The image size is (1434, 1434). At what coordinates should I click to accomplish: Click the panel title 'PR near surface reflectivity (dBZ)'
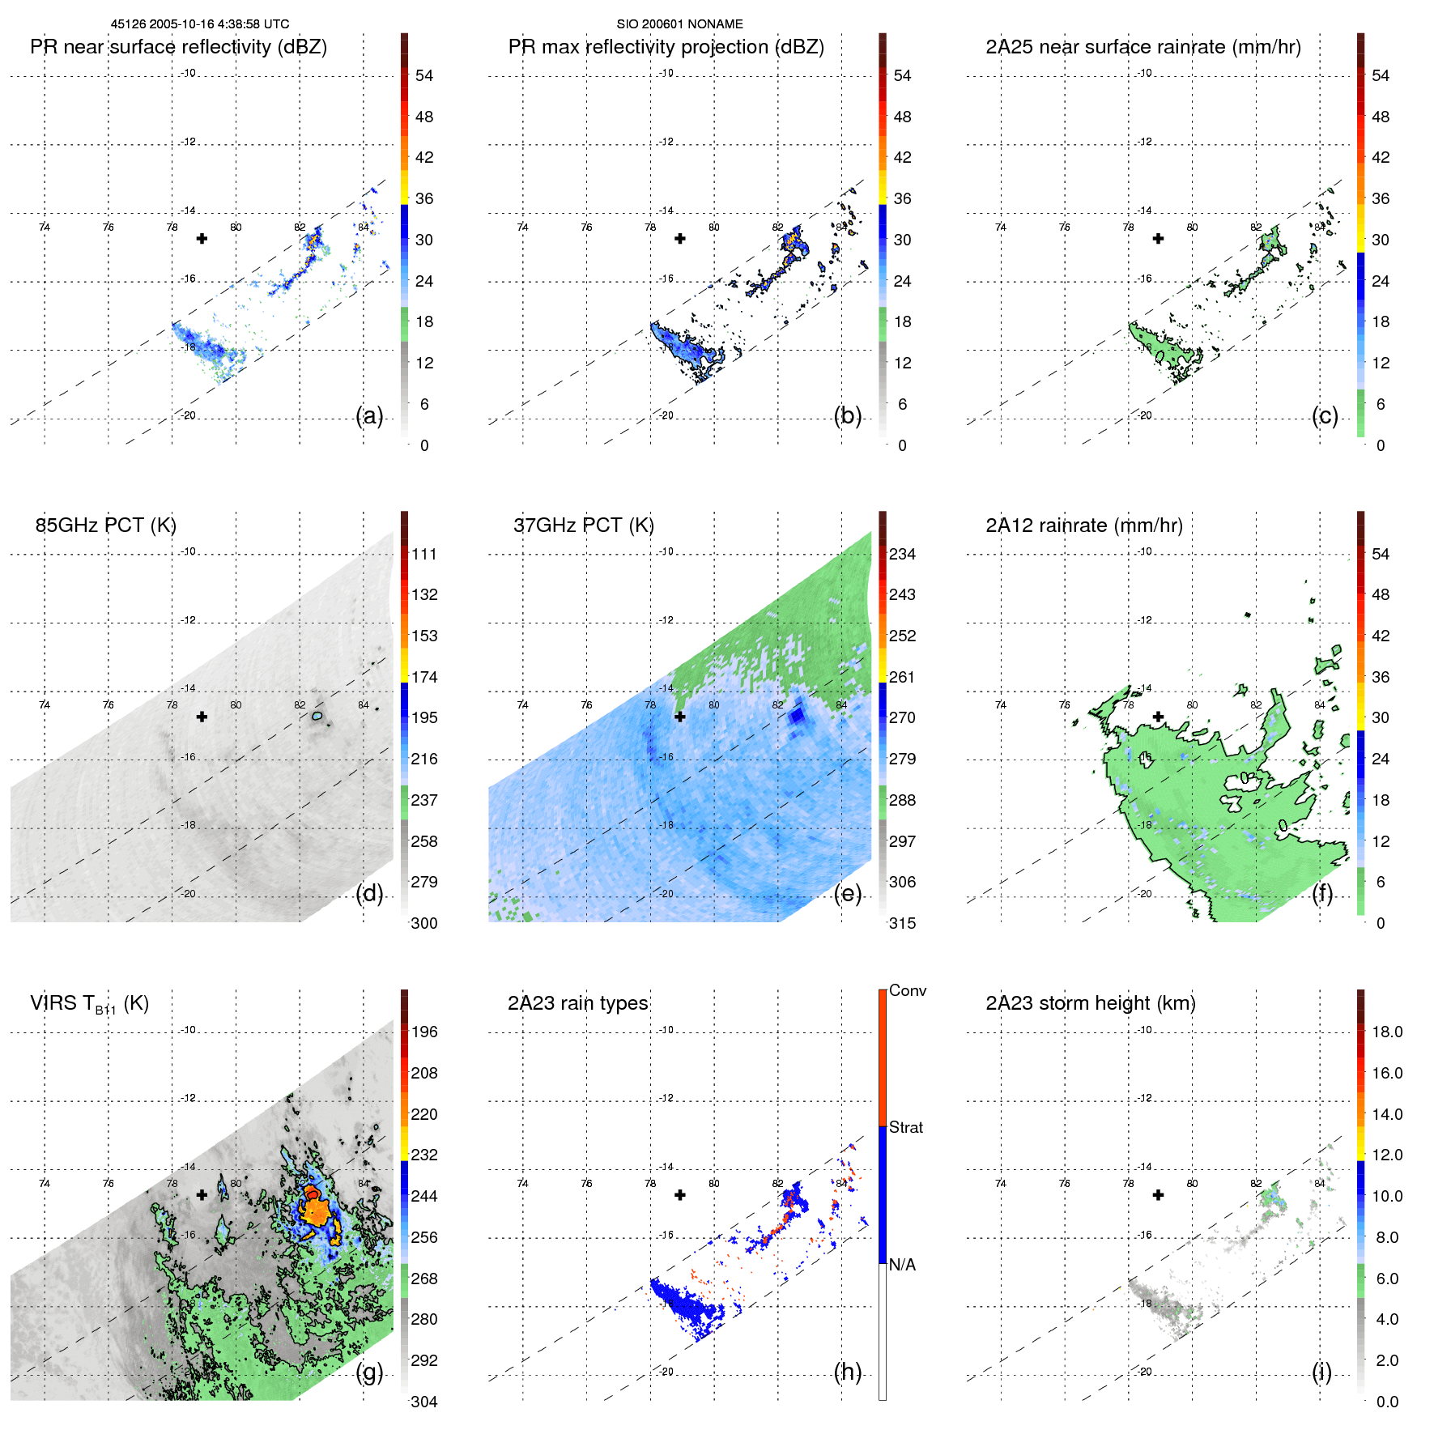tap(178, 47)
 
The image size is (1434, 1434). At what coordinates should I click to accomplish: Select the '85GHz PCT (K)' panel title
tap(105, 526)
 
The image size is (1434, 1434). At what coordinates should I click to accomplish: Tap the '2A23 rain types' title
tap(577, 1003)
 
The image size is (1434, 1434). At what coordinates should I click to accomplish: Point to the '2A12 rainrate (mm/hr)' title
tap(1083, 526)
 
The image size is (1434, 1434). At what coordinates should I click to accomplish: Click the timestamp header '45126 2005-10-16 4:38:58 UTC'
tap(199, 24)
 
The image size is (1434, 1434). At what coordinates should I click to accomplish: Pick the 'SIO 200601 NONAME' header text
tap(679, 24)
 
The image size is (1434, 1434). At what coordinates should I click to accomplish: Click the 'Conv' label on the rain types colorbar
tap(907, 990)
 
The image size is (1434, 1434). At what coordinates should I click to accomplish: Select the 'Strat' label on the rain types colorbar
tap(905, 1127)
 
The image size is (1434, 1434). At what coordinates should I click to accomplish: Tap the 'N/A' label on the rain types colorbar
tap(902, 1265)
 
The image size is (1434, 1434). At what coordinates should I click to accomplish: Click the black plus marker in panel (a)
tap(202, 238)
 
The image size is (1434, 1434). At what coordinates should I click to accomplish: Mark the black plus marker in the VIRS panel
tap(202, 1194)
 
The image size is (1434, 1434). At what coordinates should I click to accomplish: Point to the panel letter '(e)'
tap(847, 893)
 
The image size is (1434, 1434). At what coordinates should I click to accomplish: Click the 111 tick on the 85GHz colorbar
tap(423, 554)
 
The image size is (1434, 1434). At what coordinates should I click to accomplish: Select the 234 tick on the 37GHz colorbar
tap(902, 554)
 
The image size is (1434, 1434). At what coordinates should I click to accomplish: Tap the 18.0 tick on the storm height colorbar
tap(1386, 1032)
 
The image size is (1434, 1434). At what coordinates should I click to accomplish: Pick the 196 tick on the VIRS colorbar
tap(423, 1032)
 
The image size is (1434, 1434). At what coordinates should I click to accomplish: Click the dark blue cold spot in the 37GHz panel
tap(798, 715)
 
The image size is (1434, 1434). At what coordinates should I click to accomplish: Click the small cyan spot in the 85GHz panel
tap(317, 716)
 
